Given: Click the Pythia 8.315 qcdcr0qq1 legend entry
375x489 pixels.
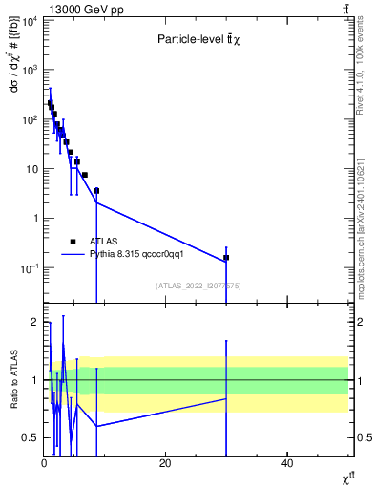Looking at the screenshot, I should point(134,255).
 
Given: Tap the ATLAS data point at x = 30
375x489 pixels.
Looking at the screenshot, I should point(226,258).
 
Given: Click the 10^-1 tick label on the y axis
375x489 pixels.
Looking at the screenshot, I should point(27,268).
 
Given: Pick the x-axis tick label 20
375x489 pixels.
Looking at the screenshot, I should point(165,463).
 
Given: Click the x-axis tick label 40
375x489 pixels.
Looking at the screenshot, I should point(287,463).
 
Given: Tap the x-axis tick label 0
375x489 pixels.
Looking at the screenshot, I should point(44,463).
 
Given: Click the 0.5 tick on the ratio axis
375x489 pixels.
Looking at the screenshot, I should point(30,438).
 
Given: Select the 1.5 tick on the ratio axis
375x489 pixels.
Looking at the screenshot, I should point(30,351).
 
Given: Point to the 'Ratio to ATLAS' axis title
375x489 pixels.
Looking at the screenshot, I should point(14,380).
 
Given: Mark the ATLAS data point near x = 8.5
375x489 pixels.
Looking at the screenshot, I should point(96,191).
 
